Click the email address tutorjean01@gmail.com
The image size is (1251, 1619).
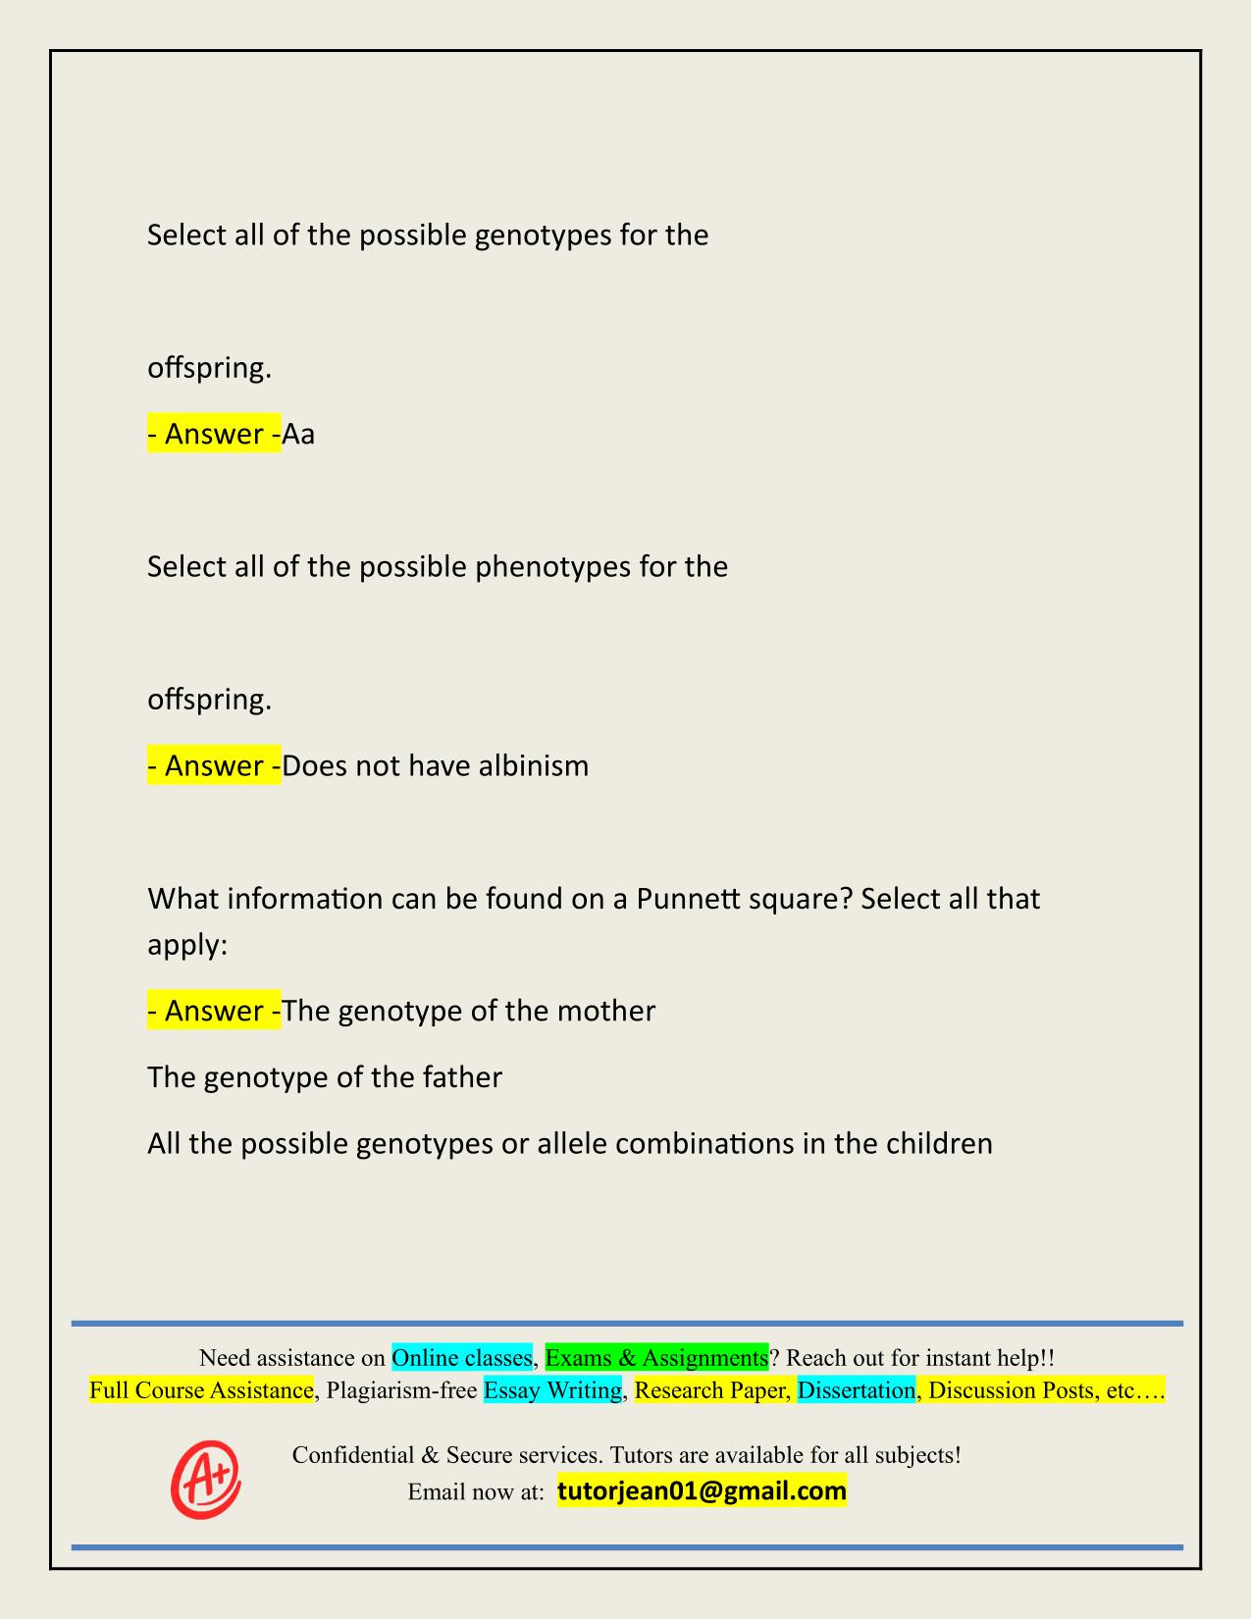702,1491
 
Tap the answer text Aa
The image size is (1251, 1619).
298,434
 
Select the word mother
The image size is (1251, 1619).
608,1011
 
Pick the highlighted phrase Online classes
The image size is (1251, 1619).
461,1358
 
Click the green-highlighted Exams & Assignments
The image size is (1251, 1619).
656,1358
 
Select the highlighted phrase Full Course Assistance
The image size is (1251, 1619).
201,1390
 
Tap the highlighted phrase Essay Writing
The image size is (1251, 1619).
552,1390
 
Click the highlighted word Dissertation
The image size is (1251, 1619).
856,1390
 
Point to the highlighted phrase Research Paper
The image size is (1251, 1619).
710,1390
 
